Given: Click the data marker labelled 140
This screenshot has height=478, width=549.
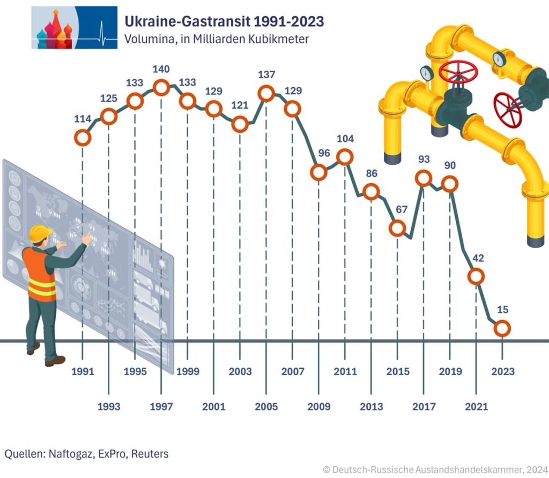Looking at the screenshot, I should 161,87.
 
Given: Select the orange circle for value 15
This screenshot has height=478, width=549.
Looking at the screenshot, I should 502,328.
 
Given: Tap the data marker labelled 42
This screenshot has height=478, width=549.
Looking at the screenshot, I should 476,276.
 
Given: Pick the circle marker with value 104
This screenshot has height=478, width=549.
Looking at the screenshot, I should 345,157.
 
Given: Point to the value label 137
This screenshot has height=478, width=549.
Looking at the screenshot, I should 266,74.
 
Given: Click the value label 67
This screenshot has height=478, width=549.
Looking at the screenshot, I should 397,209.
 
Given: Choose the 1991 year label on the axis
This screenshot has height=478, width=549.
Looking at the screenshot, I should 83,371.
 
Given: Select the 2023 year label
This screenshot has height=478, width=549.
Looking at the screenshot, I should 502,371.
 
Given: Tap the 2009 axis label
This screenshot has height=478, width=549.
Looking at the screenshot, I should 318,407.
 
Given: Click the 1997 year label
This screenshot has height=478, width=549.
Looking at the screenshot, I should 161,407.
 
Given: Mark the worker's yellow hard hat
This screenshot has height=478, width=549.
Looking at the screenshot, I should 40,233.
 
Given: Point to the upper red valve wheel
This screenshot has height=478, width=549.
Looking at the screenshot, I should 458,73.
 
